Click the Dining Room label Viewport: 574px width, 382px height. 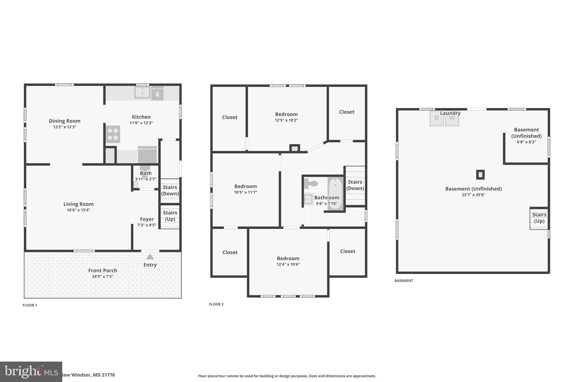coord(64,121)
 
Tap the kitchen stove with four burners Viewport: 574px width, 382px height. coord(113,134)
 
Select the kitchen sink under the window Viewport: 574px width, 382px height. coord(142,92)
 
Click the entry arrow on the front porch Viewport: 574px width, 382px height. coord(150,257)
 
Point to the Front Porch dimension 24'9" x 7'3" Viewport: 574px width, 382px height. coord(103,276)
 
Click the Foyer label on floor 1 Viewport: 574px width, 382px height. coord(147,219)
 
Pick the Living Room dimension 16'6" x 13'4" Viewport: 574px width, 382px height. coord(78,210)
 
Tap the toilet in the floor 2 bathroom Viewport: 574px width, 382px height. coord(311,184)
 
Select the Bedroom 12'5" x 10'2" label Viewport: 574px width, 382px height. coord(286,114)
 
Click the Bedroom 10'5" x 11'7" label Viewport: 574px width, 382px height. coord(246,186)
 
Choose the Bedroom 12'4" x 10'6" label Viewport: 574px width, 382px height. coord(288,258)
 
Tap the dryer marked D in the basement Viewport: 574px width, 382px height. coord(436,118)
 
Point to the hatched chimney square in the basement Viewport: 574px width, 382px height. coord(480,175)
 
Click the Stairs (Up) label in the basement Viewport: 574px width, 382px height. coord(539,218)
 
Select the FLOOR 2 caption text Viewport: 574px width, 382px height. coord(216,304)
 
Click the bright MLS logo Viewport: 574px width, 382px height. coord(31,372)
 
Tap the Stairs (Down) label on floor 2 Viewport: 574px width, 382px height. coord(355,185)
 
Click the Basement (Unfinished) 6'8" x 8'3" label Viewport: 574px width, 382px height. coord(526,133)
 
